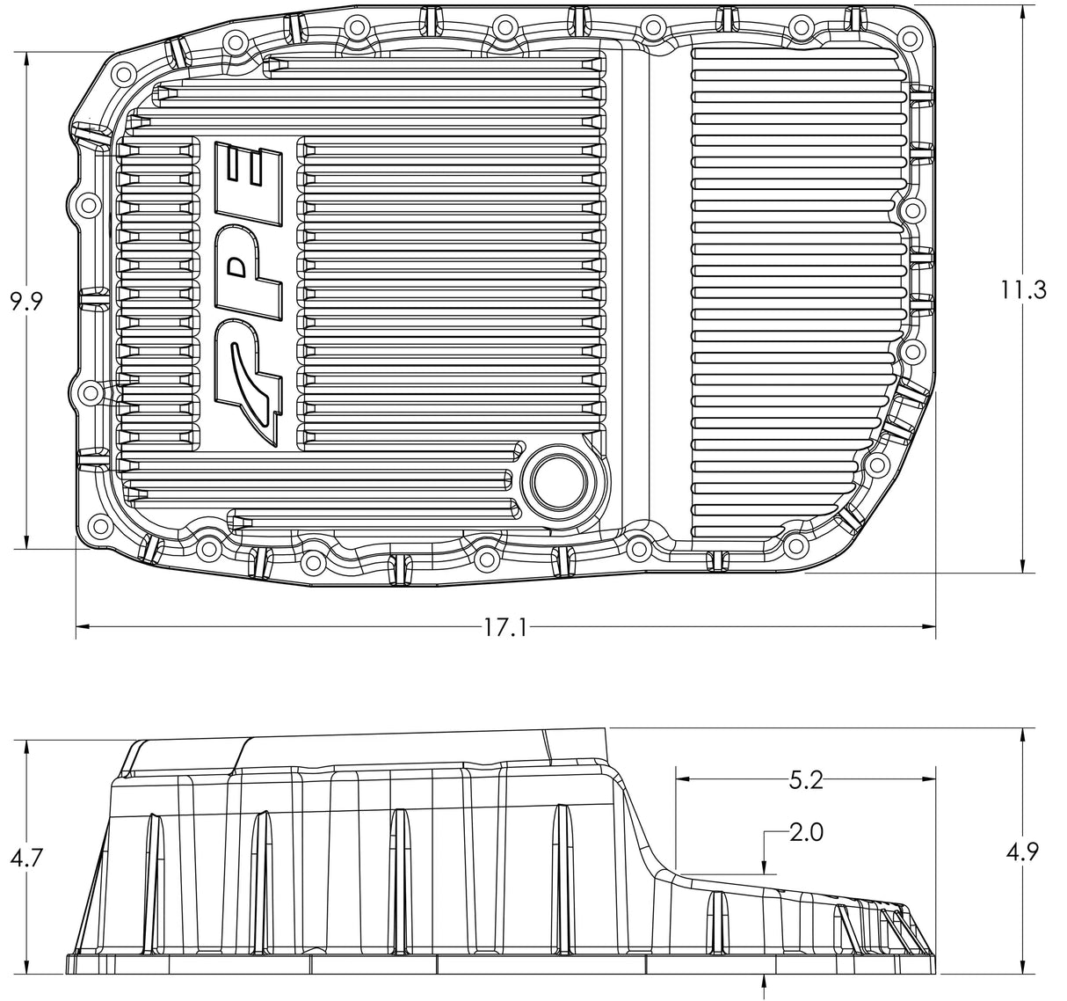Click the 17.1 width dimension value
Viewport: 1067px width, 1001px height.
[x=504, y=627]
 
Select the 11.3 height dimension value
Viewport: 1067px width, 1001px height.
[x=1024, y=289]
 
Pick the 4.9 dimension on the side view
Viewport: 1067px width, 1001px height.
[x=1024, y=851]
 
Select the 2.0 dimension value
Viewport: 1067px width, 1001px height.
[x=805, y=832]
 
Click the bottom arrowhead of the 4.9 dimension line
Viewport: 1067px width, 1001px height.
[x=1024, y=966]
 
